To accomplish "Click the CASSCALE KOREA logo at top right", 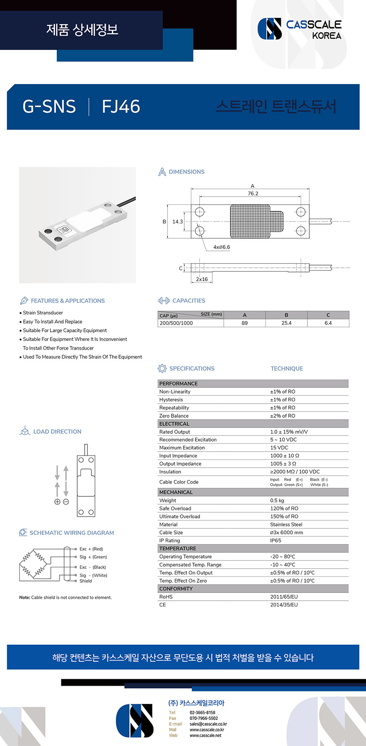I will (x=300, y=29).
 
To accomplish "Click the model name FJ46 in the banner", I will (x=121, y=107).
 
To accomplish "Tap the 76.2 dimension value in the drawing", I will (x=253, y=193).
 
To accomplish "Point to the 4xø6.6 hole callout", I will (x=222, y=247).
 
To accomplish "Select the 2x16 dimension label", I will (x=202, y=279).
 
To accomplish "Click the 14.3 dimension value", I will (x=178, y=222).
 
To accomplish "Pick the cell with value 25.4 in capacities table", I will (x=286, y=323).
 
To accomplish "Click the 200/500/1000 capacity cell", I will (x=176, y=323).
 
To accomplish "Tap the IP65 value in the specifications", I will (x=275, y=540).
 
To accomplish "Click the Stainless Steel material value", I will (x=286, y=524).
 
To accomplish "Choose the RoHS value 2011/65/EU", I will (x=284, y=597).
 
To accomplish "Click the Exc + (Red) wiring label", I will (x=91, y=549).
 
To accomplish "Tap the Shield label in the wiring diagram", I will (x=86, y=581).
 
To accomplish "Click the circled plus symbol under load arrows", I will (x=57, y=501).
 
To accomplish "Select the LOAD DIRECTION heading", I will (x=57, y=432).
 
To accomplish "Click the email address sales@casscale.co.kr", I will (x=208, y=724).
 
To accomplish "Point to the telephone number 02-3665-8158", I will (x=202, y=713).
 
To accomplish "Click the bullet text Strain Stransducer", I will (x=43, y=313).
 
